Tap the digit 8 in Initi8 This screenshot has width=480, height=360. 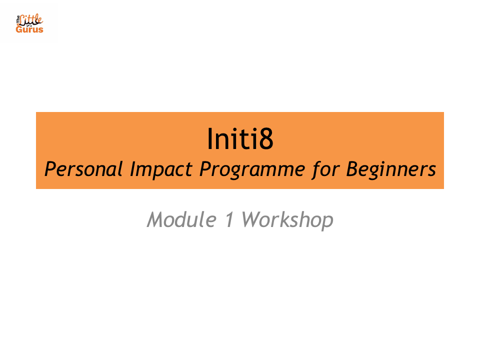(x=265, y=139)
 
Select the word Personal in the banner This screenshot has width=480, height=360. (x=83, y=169)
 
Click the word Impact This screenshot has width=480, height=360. (x=161, y=170)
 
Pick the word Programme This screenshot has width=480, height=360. (x=252, y=170)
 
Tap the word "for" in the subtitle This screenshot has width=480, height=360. (x=325, y=169)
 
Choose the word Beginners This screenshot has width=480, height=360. (x=391, y=170)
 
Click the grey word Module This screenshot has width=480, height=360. (x=182, y=219)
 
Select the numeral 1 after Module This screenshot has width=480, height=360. (x=229, y=219)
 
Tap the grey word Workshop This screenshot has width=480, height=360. (x=287, y=220)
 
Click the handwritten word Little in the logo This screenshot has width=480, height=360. (x=31, y=20)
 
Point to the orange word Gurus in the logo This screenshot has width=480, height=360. (x=29, y=29)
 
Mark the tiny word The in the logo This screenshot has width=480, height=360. (x=18, y=19)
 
